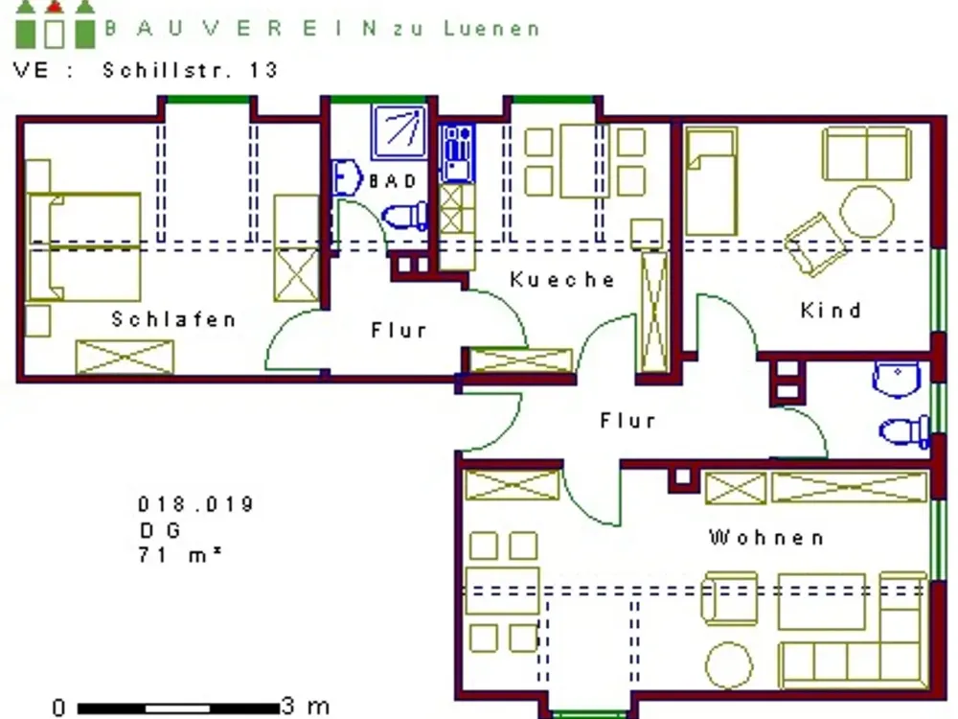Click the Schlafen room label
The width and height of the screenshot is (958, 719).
[x=173, y=319]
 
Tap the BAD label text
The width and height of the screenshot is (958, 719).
[x=393, y=181]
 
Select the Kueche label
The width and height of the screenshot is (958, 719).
[x=562, y=279]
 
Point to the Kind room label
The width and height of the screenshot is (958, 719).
[x=831, y=310]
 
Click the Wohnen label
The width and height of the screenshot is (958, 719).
[x=766, y=538]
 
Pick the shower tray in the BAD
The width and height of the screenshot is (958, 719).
[x=399, y=131]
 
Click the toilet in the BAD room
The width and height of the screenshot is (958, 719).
[x=404, y=216]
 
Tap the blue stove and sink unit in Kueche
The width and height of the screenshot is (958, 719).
[x=456, y=152]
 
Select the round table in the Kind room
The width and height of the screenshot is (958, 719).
[x=866, y=211]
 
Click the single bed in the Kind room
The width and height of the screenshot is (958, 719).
[x=711, y=181]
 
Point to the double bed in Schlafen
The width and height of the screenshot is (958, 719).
[x=84, y=247]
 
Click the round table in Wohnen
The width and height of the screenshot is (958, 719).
[x=729, y=665]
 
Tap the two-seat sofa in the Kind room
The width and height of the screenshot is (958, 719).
[x=866, y=152]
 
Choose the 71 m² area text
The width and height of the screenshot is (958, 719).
[x=180, y=554]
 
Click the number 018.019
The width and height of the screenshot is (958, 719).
[x=195, y=504]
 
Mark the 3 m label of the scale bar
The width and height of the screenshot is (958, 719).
[x=306, y=707]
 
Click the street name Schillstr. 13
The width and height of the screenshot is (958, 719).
[x=190, y=70]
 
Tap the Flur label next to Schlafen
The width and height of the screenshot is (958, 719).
[x=399, y=330]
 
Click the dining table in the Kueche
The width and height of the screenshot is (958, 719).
[x=584, y=161]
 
